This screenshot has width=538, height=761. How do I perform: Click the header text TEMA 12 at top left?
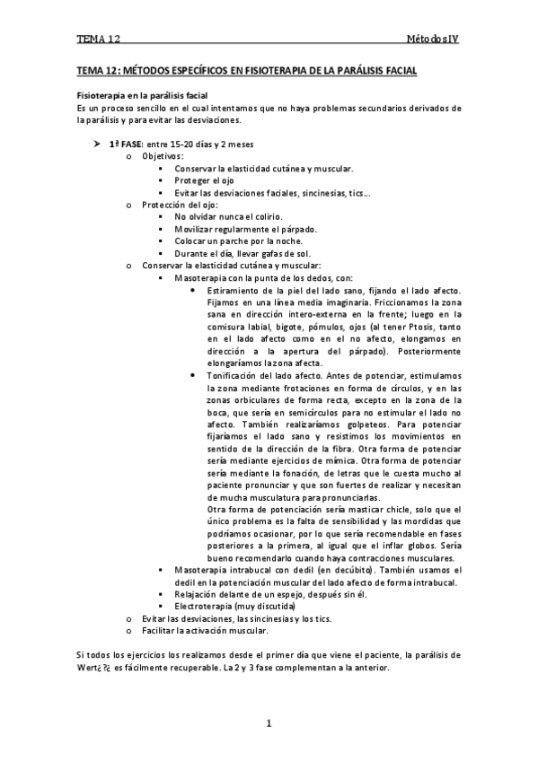tap(98, 40)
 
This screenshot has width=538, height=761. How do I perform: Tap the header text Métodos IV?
tap(434, 40)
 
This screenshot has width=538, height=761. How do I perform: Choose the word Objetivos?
tap(163, 156)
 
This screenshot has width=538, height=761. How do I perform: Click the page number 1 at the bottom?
tap(268, 723)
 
